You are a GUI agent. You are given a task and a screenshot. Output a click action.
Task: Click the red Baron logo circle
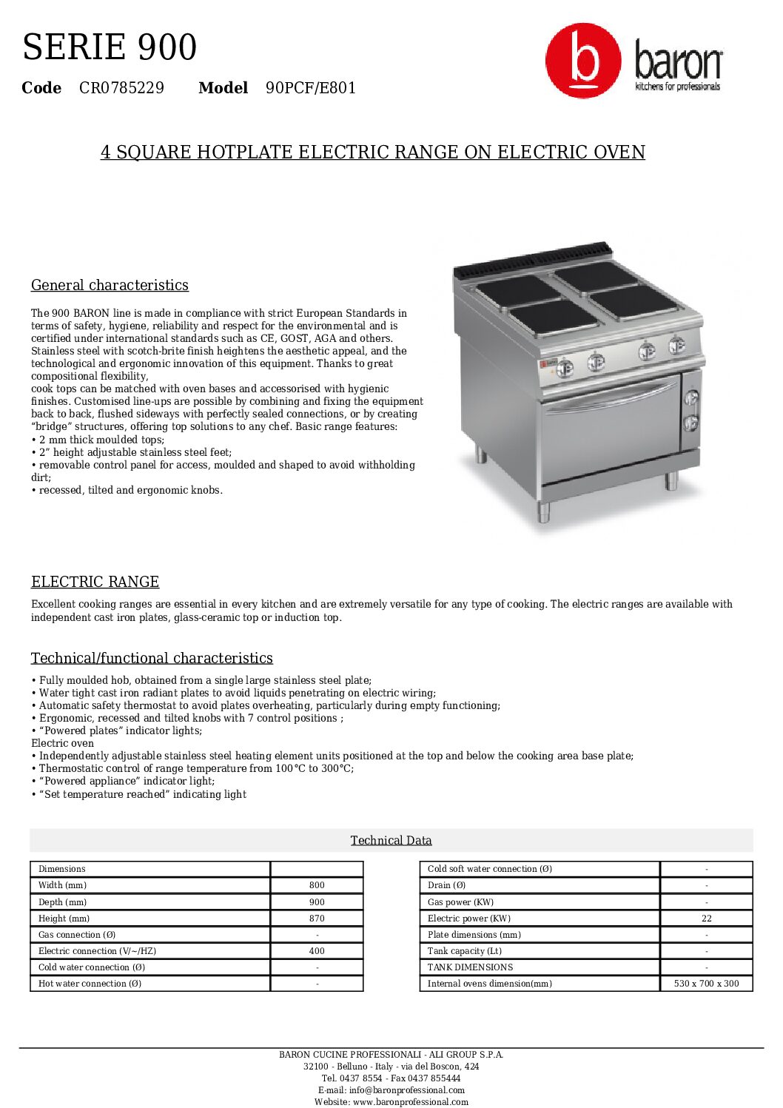[582, 61]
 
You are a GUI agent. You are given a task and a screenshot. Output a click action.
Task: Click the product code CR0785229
[121, 88]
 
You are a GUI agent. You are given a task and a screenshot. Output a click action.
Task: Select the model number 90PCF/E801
[311, 88]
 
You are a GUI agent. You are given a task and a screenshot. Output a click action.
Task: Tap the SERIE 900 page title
[110, 47]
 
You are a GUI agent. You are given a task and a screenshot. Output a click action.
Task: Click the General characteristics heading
[110, 285]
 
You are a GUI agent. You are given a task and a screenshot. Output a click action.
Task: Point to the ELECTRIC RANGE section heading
[95, 582]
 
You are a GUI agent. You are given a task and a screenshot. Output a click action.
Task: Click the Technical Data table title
[391, 840]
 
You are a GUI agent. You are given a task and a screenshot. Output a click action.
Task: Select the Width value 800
[317, 885]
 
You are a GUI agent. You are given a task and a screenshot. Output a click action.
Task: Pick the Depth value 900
[317, 902]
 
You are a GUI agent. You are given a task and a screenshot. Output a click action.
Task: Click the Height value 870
[317, 919]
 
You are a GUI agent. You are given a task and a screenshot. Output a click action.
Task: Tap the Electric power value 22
[706, 919]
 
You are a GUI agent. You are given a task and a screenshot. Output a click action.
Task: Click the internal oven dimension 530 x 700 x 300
[706, 984]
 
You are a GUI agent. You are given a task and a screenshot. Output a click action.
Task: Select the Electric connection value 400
[317, 951]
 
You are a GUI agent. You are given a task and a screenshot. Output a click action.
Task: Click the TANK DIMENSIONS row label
[470, 967]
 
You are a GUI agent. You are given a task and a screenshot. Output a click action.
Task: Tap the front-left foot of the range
[543, 511]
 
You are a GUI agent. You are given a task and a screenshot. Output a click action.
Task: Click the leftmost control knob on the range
[565, 366]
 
